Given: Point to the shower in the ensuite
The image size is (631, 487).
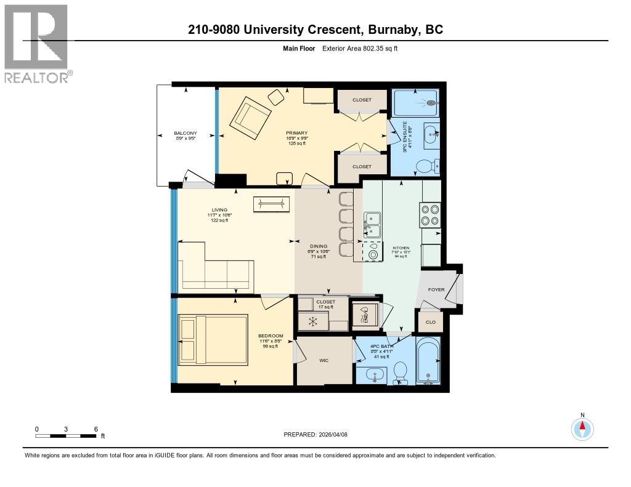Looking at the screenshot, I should [x=416, y=103].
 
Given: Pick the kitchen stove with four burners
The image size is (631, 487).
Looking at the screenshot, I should [x=429, y=215].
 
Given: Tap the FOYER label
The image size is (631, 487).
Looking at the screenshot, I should [x=436, y=289].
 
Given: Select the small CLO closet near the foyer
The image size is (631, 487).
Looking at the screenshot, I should [x=431, y=321].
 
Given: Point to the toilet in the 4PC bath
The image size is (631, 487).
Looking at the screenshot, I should [x=400, y=370].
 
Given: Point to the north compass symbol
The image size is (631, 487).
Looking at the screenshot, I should [x=582, y=427].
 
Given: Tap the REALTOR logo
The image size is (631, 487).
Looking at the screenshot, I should [x=37, y=43].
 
